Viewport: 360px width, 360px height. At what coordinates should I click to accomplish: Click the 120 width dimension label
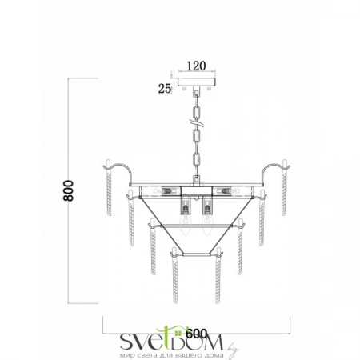click(x=196, y=66)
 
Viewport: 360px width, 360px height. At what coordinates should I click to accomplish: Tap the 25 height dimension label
click(x=165, y=89)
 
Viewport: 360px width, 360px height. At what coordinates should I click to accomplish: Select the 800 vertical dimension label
click(x=68, y=190)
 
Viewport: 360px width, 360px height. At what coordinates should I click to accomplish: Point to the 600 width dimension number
click(x=196, y=334)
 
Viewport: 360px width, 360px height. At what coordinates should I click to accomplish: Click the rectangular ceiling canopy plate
click(x=197, y=82)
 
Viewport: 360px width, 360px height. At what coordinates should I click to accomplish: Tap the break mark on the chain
click(x=197, y=123)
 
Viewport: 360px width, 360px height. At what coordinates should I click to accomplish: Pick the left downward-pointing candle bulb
click(x=187, y=225)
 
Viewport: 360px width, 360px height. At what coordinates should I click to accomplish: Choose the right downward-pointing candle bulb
click(x=206, y=225)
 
